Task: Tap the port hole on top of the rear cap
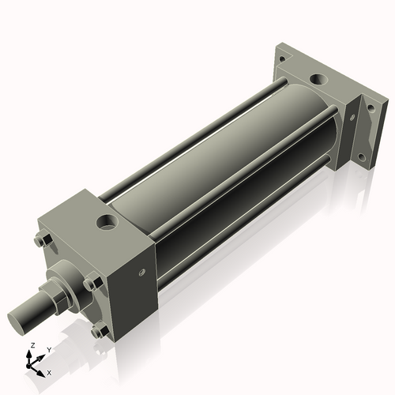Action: [318, 80]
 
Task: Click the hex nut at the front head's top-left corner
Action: [43, 240]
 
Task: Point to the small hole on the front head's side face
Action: [142, 273]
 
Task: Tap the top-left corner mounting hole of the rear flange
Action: [282, 54]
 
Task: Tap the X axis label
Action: [49, 371]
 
